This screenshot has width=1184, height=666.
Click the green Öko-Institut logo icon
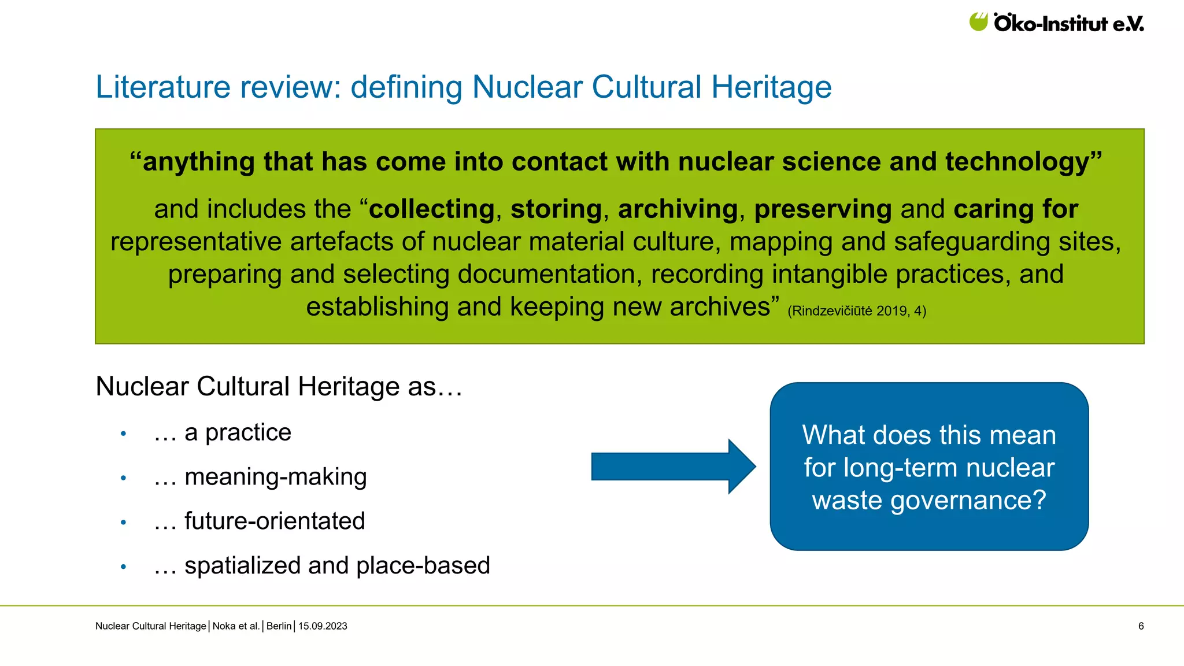click(978, 22)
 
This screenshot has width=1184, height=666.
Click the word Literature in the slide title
click(163, 87)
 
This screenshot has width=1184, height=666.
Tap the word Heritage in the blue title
click(771, 87)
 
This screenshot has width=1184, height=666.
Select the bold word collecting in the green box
click(432, 209)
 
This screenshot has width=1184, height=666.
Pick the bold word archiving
click(678, 209)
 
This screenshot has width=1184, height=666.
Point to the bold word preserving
click(823, 209)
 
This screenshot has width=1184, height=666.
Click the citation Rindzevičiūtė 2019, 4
click(857, 311)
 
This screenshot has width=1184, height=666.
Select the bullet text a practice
click(238, 432)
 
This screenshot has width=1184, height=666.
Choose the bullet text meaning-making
click(275, 477)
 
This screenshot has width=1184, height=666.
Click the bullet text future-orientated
click(275, 521)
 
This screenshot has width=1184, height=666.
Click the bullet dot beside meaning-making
click(123, 478)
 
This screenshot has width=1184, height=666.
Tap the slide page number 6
click(1141, 626)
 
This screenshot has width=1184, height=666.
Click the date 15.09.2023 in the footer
click(323, 626)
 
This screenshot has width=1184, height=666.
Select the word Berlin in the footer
click(279, 626)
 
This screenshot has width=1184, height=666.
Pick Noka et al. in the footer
click(236, 626)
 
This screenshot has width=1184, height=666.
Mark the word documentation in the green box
click(549, 275)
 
